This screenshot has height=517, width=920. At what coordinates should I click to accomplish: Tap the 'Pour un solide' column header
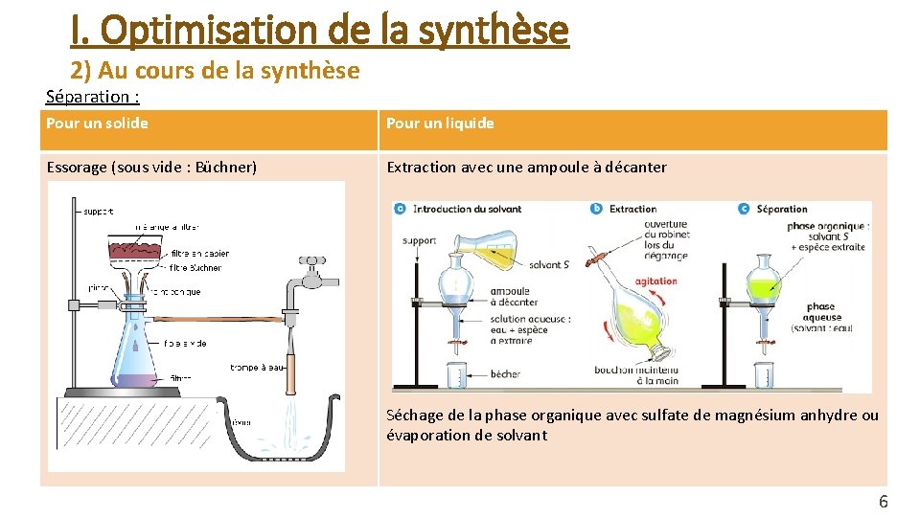(97, 124)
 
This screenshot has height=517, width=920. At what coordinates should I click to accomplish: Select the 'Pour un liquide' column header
(440, 124)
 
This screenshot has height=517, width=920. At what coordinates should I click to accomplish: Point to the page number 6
(883, 502)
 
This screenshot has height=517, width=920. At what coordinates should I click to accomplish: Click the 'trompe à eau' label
(257, 367)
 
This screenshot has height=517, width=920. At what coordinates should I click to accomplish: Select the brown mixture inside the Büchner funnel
(135, 252)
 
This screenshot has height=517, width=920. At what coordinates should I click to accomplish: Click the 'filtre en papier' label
(200, 254)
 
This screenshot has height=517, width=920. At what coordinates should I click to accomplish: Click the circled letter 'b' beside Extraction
(597, 209)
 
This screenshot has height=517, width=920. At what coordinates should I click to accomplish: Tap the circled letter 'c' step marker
(744, 209)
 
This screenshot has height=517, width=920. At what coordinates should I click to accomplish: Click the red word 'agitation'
(655, 281)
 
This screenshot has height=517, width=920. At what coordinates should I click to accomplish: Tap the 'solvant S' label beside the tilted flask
(549, 265)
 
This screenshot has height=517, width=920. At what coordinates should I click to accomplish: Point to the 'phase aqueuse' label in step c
(822, 312)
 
